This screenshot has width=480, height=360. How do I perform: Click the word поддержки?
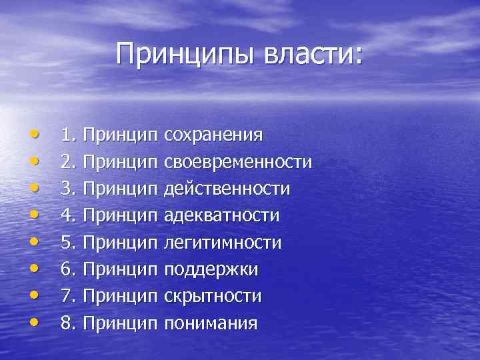coord(211,270)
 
